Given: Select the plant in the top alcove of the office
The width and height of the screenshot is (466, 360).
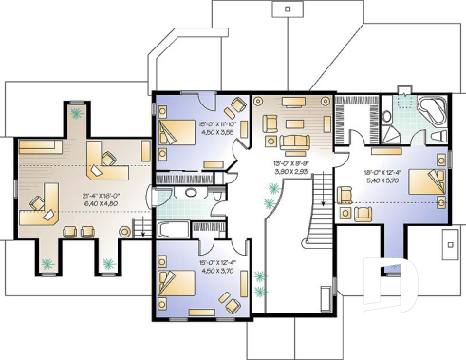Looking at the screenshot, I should (75, 113).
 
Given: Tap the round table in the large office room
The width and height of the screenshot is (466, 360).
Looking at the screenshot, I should (124, 231).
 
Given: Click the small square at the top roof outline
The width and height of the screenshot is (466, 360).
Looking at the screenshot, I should (287, 9).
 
